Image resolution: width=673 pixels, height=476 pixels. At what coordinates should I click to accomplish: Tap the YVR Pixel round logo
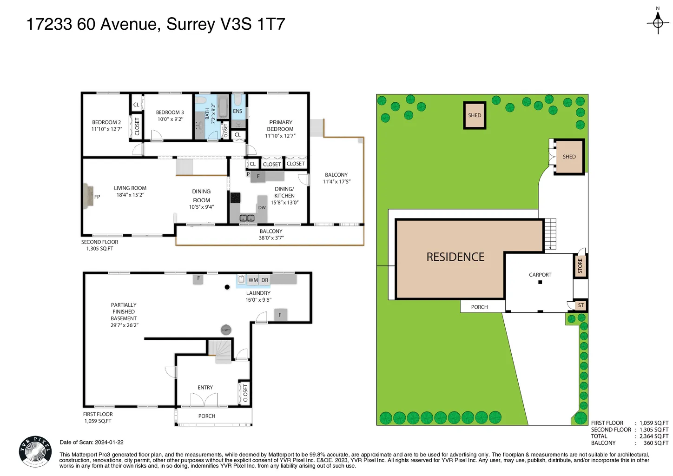pos(35,452)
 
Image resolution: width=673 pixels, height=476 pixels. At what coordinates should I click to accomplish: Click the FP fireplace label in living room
pos(97,197)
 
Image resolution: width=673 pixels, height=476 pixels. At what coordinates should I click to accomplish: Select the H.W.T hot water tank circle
pos(226,330)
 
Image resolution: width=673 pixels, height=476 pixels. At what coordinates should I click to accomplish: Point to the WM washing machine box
pos(253,280)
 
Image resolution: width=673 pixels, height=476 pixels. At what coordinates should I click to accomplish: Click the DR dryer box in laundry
pos(265,280)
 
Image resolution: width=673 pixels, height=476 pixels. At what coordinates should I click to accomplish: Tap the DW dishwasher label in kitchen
pos(262,208)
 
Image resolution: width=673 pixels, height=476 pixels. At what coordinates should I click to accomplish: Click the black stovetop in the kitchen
pos(235,198)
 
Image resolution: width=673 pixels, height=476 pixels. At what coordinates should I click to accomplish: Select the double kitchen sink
pos(247,218)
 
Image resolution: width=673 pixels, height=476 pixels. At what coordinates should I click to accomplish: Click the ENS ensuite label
pos(238,111)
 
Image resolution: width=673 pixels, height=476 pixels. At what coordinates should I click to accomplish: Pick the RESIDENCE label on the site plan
pos(455,257)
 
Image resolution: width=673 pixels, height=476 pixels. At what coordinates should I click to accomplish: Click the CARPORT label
pos(540,275)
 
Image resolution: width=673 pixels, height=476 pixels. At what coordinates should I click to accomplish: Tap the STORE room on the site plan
pos(581,266)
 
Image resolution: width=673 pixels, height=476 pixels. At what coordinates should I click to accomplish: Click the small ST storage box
pos(581,305)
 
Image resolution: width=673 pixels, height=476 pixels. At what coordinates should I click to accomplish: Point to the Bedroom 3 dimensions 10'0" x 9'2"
pos(171,119)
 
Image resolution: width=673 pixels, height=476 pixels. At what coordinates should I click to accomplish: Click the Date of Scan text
pos(92,443)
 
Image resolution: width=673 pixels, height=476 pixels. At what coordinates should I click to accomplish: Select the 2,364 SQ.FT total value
pos(654,436)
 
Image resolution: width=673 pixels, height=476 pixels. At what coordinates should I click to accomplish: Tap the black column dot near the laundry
pos(227,287)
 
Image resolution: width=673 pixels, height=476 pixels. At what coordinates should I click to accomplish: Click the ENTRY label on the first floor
pos(205,388)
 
